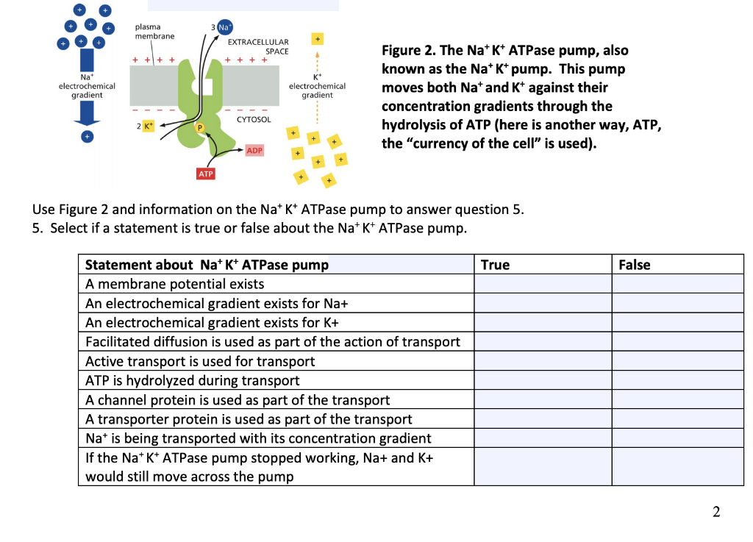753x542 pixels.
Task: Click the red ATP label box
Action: [207, 174]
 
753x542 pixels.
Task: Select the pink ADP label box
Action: [254, 150]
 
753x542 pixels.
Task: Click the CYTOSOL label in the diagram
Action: [254, 119]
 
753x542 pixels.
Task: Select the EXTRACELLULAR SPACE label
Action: [263, 46]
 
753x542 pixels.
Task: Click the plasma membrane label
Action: [154, 32]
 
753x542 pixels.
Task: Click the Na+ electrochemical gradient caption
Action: [87, 86]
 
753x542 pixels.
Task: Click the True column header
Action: [495, 265]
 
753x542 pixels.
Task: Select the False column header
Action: [634, 265]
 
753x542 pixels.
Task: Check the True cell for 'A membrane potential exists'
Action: [543, 284]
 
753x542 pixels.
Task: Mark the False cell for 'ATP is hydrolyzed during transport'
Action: [678, 380]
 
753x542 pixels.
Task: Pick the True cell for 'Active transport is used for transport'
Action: [543, 361]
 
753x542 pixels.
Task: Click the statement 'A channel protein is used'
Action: [238, 400]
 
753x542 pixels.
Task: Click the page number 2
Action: [716, 512]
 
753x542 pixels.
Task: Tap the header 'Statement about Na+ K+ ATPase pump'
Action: [207, 265]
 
